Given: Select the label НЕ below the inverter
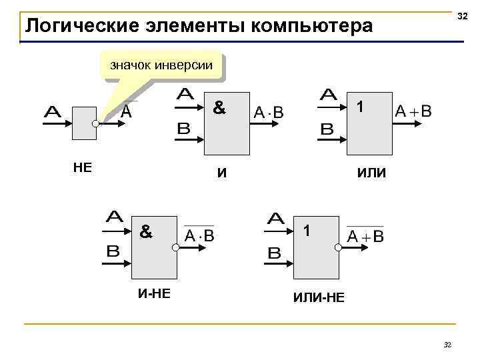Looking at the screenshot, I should click(x=82, y=167).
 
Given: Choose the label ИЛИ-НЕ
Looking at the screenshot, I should click(x=319, y=297).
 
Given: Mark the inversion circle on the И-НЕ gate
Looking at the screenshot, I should click(x=175, y=247).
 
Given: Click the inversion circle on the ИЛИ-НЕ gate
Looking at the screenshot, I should click(x=338, y=247).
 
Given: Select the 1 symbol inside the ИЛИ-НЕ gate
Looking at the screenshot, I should click(x=306, y=231).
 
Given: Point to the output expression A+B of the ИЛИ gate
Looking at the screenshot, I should click(x=413, y=111).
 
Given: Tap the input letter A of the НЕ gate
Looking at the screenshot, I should click(x=53, y=113).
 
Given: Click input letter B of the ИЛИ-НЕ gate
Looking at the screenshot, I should click(x=275, y=254).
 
